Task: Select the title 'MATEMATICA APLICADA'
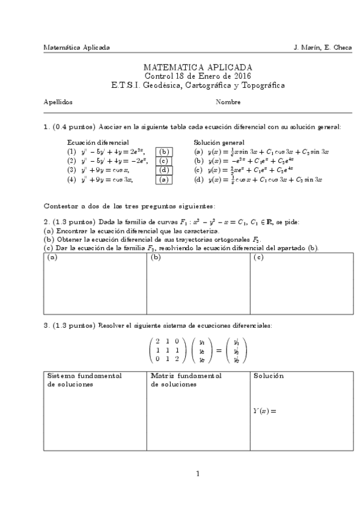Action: [198, 67]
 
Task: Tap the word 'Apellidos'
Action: [58, 102]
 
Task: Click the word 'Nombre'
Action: [228, 102]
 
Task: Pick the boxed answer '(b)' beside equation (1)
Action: [164, 152]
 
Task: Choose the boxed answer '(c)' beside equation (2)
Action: [164, 161]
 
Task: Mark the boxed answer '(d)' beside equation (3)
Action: [164, 170]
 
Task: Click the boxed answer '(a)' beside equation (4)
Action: [164, 179]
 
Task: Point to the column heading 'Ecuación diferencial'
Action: [97, 143]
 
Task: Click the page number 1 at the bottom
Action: [198, 474]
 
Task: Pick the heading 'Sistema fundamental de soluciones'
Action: [85, 380]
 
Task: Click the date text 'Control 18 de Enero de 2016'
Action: [198, 76]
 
